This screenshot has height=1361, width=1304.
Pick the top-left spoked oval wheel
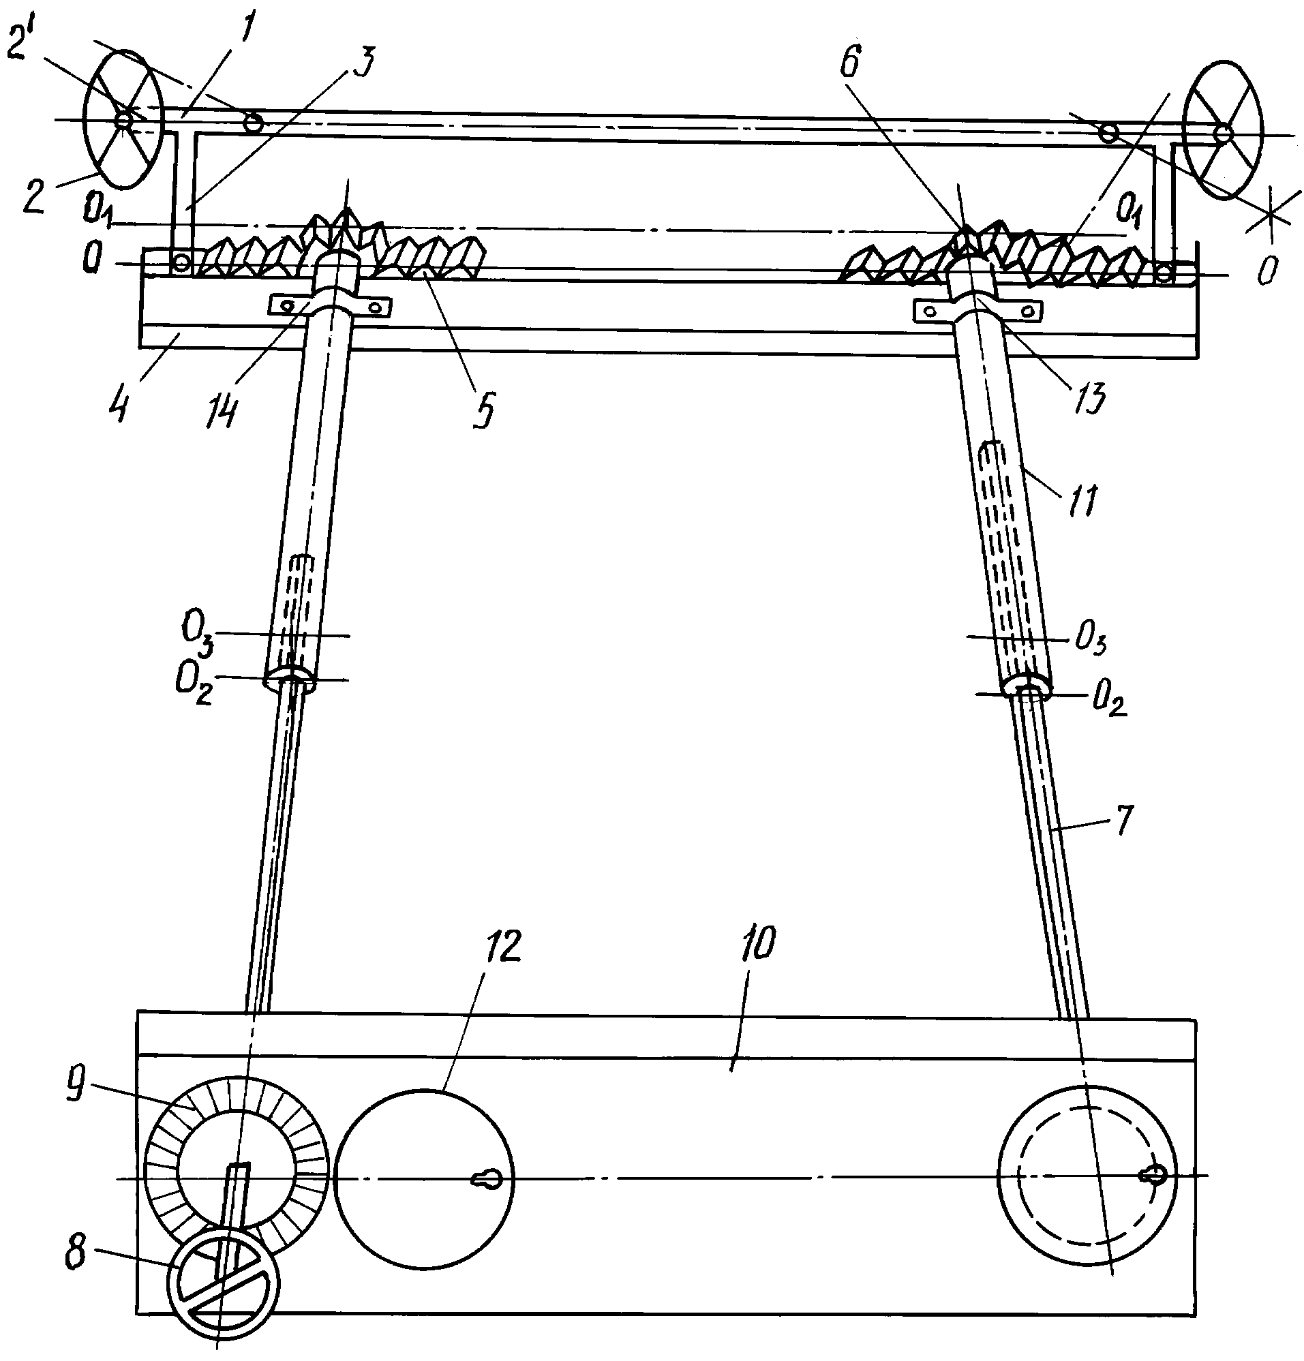coord(123,119)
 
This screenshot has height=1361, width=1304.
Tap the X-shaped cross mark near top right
coord(1271,216)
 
